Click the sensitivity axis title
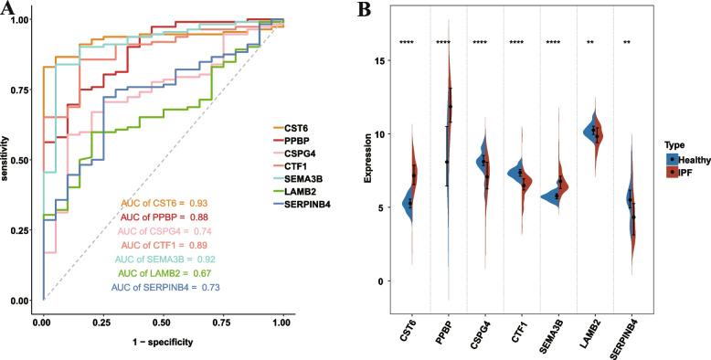(7, 160)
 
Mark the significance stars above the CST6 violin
(409, 43)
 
